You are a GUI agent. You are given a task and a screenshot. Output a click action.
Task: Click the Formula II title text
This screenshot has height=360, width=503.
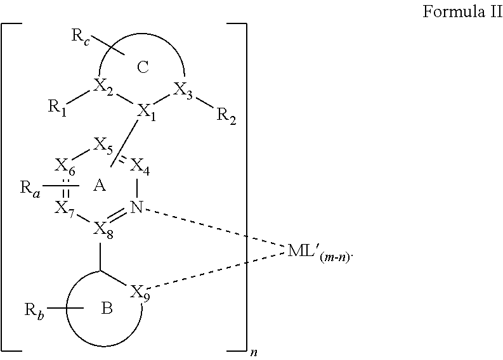click(x=462, y=11)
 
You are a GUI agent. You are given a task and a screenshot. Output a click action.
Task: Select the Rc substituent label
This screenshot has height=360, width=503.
click(x=81, y=36)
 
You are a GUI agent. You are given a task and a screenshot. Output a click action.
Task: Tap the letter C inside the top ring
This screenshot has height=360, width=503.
click(x=143, y=67)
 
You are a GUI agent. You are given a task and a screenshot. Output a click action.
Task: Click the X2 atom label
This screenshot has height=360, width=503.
click(x=103, y=87)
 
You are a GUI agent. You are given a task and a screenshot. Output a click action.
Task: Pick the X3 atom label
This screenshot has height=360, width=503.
click(x=183, y=90)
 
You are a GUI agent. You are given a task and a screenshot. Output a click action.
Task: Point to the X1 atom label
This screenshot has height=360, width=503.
click(x=147, y=113)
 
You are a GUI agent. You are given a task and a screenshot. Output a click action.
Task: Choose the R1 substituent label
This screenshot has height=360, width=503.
click(x=58, y=107)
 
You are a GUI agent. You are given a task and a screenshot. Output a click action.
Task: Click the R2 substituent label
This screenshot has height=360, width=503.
click(x=226, y=115)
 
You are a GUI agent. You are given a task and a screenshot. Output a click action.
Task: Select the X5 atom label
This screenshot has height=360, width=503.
click(x=103, y=146)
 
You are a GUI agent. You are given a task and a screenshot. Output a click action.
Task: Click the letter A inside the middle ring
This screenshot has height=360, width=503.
click(x=100, y=185)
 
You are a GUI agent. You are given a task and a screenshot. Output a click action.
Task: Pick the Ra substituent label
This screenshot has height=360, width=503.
click(x=30, y=189)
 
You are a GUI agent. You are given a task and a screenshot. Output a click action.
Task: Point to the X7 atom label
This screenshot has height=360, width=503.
click(x=65, y=209)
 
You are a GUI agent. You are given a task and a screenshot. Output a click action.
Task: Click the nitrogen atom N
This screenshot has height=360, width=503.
click(x=136, y=207)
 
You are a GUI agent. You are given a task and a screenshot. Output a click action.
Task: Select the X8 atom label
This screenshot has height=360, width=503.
click(x=103, y=230)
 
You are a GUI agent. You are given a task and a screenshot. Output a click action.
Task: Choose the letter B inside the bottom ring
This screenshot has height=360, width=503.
click(x=107, y=309)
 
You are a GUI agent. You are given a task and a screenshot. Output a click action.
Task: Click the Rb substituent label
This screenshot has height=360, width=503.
click(x=34, y=312)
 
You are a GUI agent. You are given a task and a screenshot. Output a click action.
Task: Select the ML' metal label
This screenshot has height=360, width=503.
click(x=319, y=252)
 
